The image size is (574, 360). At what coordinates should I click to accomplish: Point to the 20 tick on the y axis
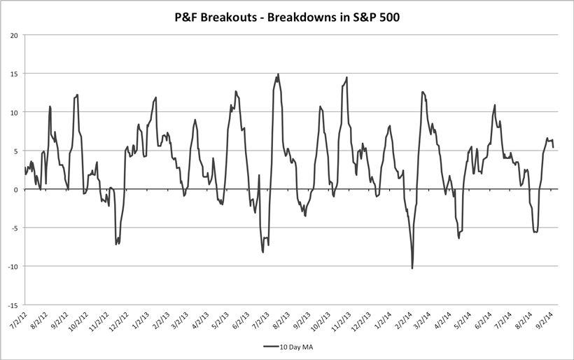point(14,35)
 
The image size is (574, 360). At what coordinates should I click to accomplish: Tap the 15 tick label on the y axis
point(14,74)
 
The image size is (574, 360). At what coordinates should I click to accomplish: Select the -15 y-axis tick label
point(13,305)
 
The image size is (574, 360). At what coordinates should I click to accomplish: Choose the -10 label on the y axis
point(13,266)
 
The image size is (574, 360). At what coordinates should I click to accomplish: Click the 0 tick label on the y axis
point(16,189)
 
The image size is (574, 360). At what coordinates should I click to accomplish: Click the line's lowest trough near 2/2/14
point(412,268)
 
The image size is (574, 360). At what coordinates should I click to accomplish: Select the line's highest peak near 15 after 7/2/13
point(278,74)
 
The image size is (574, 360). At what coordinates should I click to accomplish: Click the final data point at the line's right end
point(554,147)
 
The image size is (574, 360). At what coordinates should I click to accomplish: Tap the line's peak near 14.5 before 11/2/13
point(346,77)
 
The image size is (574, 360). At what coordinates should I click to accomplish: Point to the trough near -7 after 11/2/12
point(116,244)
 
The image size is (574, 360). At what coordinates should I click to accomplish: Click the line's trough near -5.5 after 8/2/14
point(535,232)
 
